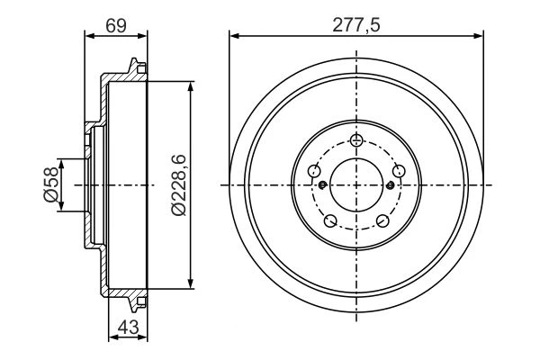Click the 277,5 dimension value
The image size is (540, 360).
point(356,25)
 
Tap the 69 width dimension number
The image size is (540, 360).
point(116,25)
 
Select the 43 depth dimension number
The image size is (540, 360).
point(128,327)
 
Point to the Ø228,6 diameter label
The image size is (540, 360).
point(178,185)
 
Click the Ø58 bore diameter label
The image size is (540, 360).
point(50,184)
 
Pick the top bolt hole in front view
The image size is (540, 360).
point(356,139)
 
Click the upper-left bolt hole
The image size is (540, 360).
point(314,170)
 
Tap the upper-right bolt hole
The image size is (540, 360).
point(399,170)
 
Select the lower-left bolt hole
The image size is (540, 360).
point(330,220)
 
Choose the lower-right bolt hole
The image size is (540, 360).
point(382,220)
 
